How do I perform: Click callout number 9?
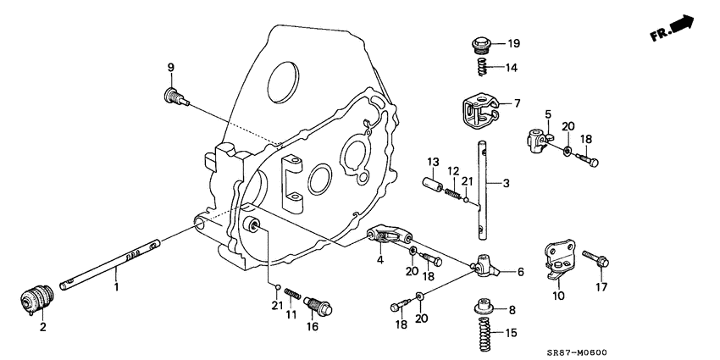pos(170,68)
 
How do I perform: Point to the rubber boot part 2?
pos(36,300)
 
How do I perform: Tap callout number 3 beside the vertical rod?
pos(507,182)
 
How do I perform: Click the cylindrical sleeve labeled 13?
pos(431,184)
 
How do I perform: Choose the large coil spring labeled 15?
pos(479,333)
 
